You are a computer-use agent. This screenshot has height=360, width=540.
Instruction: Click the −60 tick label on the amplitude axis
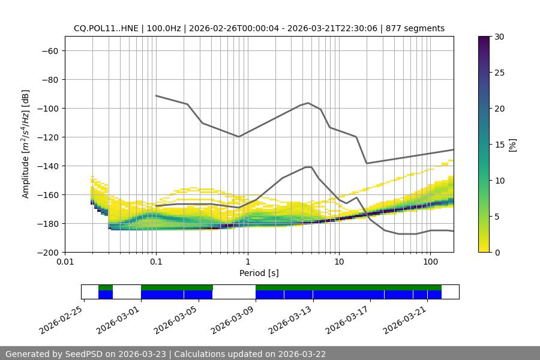tap(49, 51)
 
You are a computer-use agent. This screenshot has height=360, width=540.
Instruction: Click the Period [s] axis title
tap(259, 274)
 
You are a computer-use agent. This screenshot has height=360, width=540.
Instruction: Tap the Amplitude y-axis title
tap(26, 144)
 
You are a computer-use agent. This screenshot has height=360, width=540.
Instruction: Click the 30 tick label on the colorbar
tap(499, 37)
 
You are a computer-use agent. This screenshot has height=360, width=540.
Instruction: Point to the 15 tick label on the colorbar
tap(499, 145)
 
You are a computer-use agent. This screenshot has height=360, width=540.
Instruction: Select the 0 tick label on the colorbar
tap(496, 253)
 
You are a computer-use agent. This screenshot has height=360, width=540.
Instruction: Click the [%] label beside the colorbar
tap(512, 145)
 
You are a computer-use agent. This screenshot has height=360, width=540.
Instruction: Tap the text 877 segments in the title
tap(415, 28)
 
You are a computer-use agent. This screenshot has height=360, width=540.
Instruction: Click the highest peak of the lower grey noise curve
tap(308, 167)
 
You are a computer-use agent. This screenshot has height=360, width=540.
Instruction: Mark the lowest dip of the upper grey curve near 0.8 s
tap(239, 137)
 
